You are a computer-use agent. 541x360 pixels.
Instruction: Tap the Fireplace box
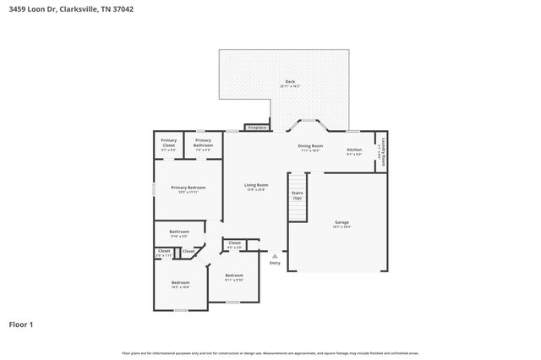(257, 128)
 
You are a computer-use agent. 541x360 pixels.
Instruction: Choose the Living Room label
(256, 187)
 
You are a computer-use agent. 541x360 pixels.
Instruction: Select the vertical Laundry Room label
(384, 150)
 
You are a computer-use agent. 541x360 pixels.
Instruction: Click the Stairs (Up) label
(298, 195)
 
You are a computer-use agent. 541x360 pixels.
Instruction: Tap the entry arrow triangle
(275, 254)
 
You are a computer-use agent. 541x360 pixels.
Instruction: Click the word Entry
(275, 263)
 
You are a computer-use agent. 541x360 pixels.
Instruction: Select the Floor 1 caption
(21, 324)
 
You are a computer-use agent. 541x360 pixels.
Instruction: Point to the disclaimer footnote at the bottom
(270, 352)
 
